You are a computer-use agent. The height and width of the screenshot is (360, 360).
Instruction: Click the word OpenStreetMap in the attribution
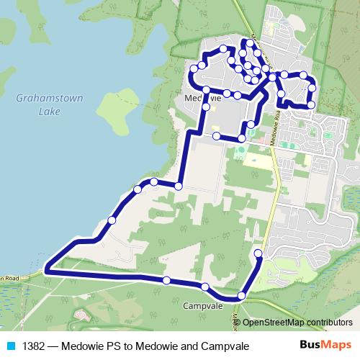click(276, 323)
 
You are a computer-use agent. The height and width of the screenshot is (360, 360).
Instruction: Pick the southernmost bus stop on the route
click(242, 296)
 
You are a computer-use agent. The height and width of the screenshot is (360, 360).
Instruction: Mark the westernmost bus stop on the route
click(112, 220)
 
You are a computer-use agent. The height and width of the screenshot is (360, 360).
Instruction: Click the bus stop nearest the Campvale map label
click(206, 287)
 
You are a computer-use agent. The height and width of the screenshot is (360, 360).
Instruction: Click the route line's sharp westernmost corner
click(46, 270)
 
